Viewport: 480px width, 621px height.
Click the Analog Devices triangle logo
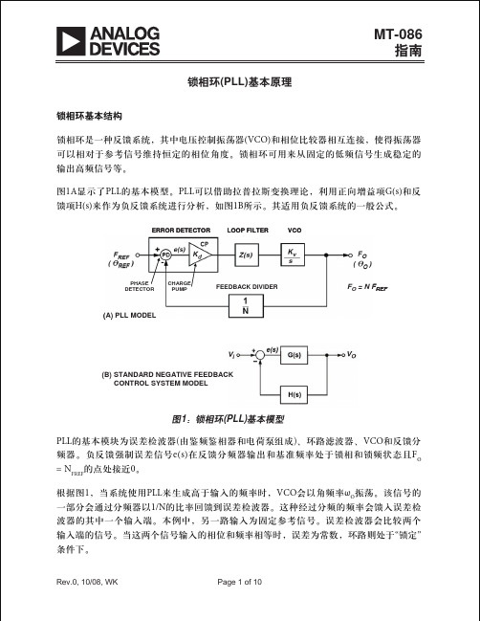(71, 41)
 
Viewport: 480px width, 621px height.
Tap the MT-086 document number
(398, 34)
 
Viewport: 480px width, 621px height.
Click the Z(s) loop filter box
(246, 255)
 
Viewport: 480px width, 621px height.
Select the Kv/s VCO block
(293, 255)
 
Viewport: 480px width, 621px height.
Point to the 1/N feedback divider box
(246, 306)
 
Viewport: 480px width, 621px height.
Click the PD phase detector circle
(165, 255)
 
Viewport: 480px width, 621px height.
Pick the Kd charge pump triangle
(200, 255)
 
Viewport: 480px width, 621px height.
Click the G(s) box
(294, 355)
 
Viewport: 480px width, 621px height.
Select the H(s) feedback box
(294, 394)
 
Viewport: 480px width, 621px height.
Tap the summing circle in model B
(259, 355)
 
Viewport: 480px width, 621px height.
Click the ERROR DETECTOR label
(182, 230)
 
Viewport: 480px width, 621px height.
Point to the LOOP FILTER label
(248, 230)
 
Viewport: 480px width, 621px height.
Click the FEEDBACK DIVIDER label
(247, 287)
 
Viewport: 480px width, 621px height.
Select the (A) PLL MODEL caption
(129, 316)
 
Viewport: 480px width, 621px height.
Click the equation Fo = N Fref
(367, 287)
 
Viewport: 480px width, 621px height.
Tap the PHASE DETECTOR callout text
(140, 286)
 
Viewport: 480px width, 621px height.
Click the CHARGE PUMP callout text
(179, 286)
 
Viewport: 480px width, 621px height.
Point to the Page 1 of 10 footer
(239, 582)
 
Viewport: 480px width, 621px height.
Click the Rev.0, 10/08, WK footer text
(87, 582)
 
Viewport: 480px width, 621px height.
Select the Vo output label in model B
(351, 355)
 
